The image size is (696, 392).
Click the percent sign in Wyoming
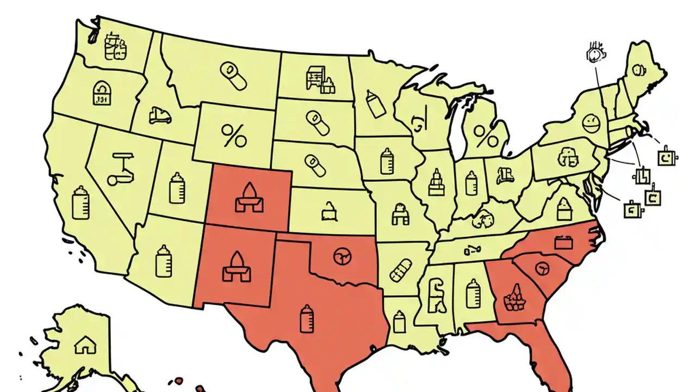point(234,136)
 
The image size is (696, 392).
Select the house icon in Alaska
point(84,344)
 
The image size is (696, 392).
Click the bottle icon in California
point(80,202)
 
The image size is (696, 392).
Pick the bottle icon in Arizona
point(163,261)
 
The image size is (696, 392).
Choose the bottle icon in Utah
point(177,188)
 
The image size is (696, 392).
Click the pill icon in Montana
point(233,76)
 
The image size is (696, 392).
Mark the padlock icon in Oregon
point(101,93)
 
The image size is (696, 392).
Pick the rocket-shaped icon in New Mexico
point(237,267)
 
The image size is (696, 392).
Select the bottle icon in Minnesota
point(375,103)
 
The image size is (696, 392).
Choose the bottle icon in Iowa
point(387,161)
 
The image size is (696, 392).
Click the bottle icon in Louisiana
point(400,321)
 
